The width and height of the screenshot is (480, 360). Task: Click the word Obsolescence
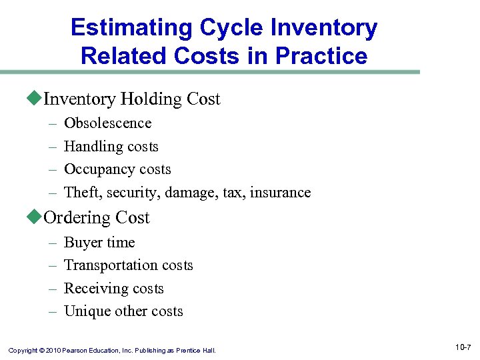point(107,123)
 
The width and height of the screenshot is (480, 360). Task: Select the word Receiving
point(93,289)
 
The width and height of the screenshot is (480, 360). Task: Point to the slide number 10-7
point(463,347)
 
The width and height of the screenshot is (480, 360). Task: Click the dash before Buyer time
point(53,243)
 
